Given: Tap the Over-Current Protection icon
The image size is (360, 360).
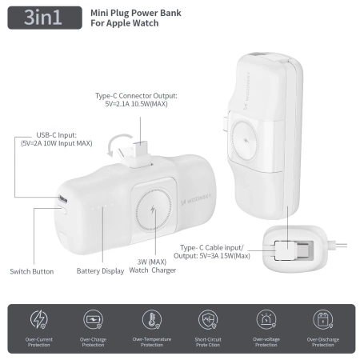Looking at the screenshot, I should click(x=38, y=320).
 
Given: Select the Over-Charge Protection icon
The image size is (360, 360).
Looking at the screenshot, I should click(x=94, y=320).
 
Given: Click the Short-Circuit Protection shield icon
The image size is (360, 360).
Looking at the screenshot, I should click(x=208, y=320).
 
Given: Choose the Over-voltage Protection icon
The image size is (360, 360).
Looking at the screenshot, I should click(x=265, y=320).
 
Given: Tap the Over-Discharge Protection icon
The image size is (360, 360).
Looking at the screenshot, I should click(x=322, y=320).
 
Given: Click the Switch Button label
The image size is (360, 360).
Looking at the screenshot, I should click(x=32, y=271).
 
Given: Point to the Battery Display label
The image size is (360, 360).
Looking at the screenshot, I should click(x=101, y=271).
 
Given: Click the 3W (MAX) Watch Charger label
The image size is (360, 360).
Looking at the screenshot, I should click(x=151, y=265).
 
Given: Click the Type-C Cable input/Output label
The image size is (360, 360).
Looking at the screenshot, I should click(x=215, y=252).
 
